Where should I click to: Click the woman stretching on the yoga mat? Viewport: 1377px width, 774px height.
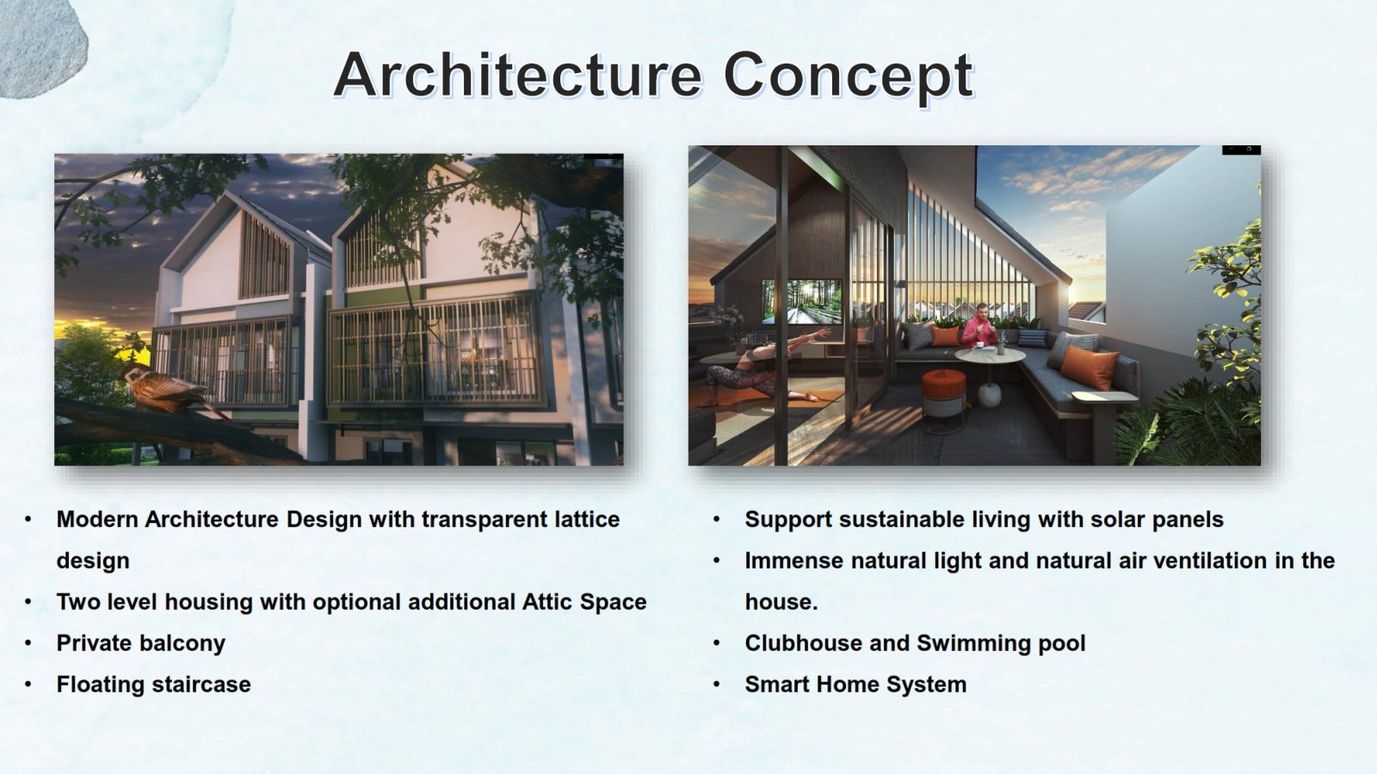click(x=763, y=369)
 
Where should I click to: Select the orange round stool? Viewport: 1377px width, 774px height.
click(x=943, y=398)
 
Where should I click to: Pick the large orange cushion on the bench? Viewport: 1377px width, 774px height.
click(x=1088, y=367)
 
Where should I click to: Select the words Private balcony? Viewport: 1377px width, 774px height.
click(x=141, y=643)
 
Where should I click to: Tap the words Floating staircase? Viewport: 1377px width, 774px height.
click(x=154, y=685)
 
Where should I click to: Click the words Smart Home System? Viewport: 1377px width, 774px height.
click(x=855, y=685)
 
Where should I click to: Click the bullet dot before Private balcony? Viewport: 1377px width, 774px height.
click(x=28, y=644)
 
